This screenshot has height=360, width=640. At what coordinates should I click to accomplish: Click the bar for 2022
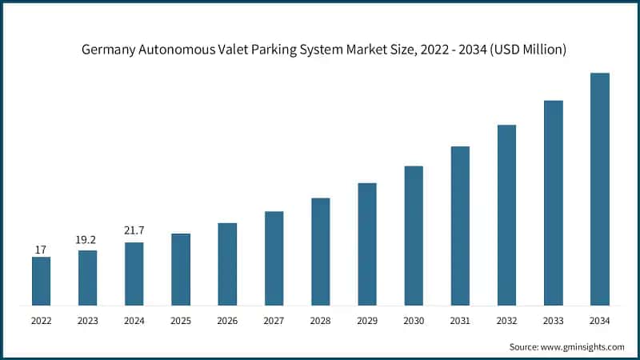coord(41,281)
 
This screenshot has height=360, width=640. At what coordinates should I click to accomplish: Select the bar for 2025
coord(181,270)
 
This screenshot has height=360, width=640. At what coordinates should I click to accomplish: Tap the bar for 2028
coord(320,251)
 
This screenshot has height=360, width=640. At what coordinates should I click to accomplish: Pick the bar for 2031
coord(460,226)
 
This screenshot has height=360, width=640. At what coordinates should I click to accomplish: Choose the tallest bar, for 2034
coord(599,189)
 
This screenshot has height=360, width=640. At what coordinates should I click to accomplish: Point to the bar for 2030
coord(414,235)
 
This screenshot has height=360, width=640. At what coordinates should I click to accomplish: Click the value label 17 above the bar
coord(41,250)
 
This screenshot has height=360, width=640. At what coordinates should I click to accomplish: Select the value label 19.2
coord(87,238)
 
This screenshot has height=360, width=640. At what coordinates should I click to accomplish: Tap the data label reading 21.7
coord(134,230)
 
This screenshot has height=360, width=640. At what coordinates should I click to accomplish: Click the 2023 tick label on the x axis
coord(87,321)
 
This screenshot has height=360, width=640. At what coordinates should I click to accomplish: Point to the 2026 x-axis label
coord(227,321)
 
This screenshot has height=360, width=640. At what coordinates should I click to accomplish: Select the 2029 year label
coord(366,321)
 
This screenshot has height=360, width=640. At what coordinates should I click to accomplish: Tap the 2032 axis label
coord(506,321)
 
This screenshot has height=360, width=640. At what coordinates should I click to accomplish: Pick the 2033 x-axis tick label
coord(553,321)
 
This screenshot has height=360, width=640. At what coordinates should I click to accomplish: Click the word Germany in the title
coord(109,50)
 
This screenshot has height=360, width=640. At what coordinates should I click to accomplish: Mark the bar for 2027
coord(274,258)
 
